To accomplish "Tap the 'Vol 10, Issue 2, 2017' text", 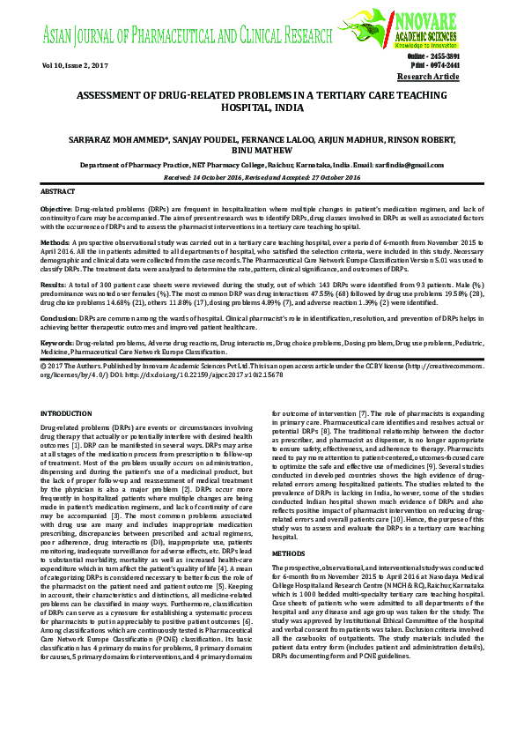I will pos(74,66).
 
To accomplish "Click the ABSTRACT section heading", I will pos(58,191).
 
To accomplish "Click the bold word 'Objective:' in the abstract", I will pos(56,209).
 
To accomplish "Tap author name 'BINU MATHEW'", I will pos(262,151).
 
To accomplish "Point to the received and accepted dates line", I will pos(262,177).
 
